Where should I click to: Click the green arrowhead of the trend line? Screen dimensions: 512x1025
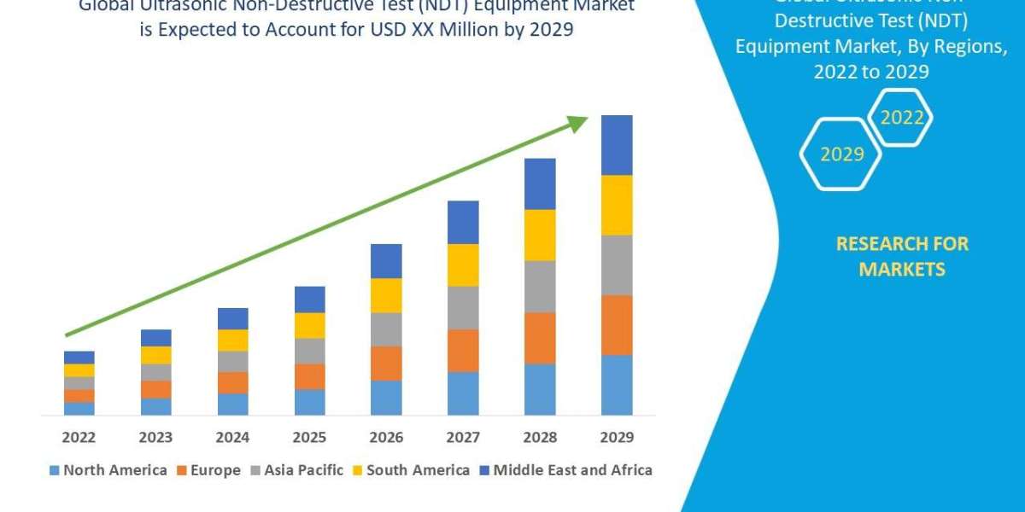click(578, 125)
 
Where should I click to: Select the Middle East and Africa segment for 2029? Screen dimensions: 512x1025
click(617, 145)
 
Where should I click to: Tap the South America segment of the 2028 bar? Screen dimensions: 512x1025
click(540, 235)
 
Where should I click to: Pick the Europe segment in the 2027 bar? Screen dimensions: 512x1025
click(463, 351)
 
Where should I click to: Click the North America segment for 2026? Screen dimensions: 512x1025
click(386, 398)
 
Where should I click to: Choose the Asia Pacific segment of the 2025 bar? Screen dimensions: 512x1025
click(309, 351)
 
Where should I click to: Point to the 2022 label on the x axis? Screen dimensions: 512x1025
click(79, 437)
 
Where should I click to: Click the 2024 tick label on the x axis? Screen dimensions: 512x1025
click(232, 437)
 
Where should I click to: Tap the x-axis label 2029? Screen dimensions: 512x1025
click(617, 437)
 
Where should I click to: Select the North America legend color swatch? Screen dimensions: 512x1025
click(56, 470)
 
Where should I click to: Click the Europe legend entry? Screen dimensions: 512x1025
click(209, 470)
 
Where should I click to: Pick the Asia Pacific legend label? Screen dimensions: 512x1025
click(303, 470)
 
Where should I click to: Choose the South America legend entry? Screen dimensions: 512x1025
click(418, 470)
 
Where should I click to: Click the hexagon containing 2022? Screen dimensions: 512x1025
click(901, 118)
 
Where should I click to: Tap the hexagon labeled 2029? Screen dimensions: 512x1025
click(841, 154)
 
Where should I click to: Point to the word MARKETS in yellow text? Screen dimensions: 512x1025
click(902, 270)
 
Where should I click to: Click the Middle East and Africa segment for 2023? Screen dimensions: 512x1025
click(155, 338)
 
